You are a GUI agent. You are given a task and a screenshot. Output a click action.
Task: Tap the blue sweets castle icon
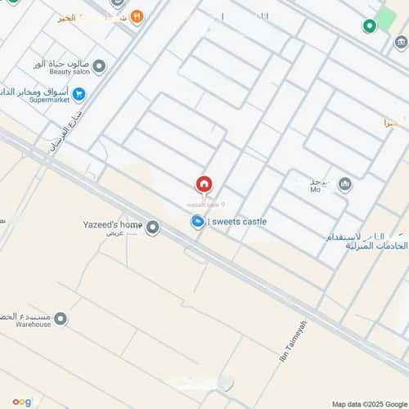[198, 222]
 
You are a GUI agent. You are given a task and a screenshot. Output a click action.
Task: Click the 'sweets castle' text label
[240, 222]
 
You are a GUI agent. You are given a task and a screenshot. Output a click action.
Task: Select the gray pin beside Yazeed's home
[152, 227]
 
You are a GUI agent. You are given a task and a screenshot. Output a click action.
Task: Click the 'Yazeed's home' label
[113, 225]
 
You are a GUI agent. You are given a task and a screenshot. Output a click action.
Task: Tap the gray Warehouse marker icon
[61, 319]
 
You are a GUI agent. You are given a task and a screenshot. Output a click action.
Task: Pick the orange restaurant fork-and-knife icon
[137, 16]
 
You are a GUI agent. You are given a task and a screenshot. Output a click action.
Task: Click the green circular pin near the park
[369, 25]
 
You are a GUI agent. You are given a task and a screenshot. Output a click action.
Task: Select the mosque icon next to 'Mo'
[344, 183]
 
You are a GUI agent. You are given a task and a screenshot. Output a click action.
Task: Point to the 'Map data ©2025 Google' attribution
[367, 403]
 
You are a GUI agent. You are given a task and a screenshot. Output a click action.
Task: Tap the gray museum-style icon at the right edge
[400, 43]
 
